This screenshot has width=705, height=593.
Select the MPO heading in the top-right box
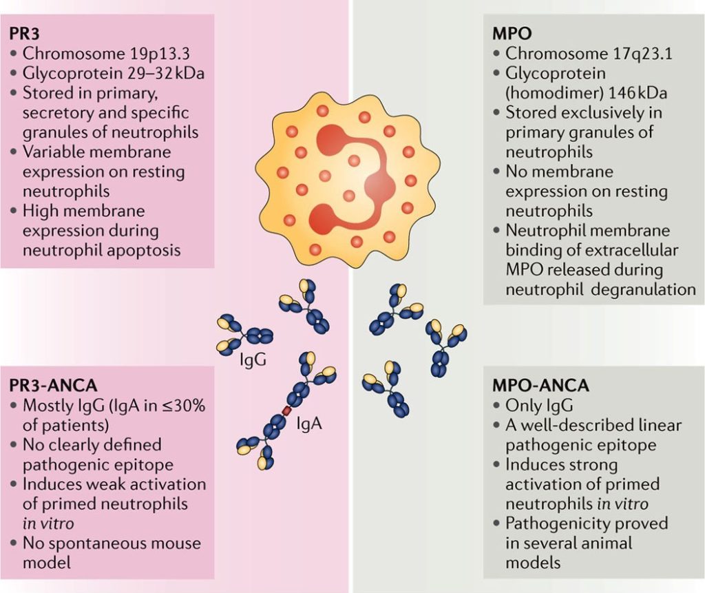tap(512, 34)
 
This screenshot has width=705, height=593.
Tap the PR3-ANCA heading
tap(54, 386)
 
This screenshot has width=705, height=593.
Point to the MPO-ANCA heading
tap(541, 386)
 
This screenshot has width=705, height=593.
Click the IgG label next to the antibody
tap(253, 360)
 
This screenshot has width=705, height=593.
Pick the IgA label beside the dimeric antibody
tap(309, 424)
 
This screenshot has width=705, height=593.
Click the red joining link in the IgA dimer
tap(286, 410)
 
